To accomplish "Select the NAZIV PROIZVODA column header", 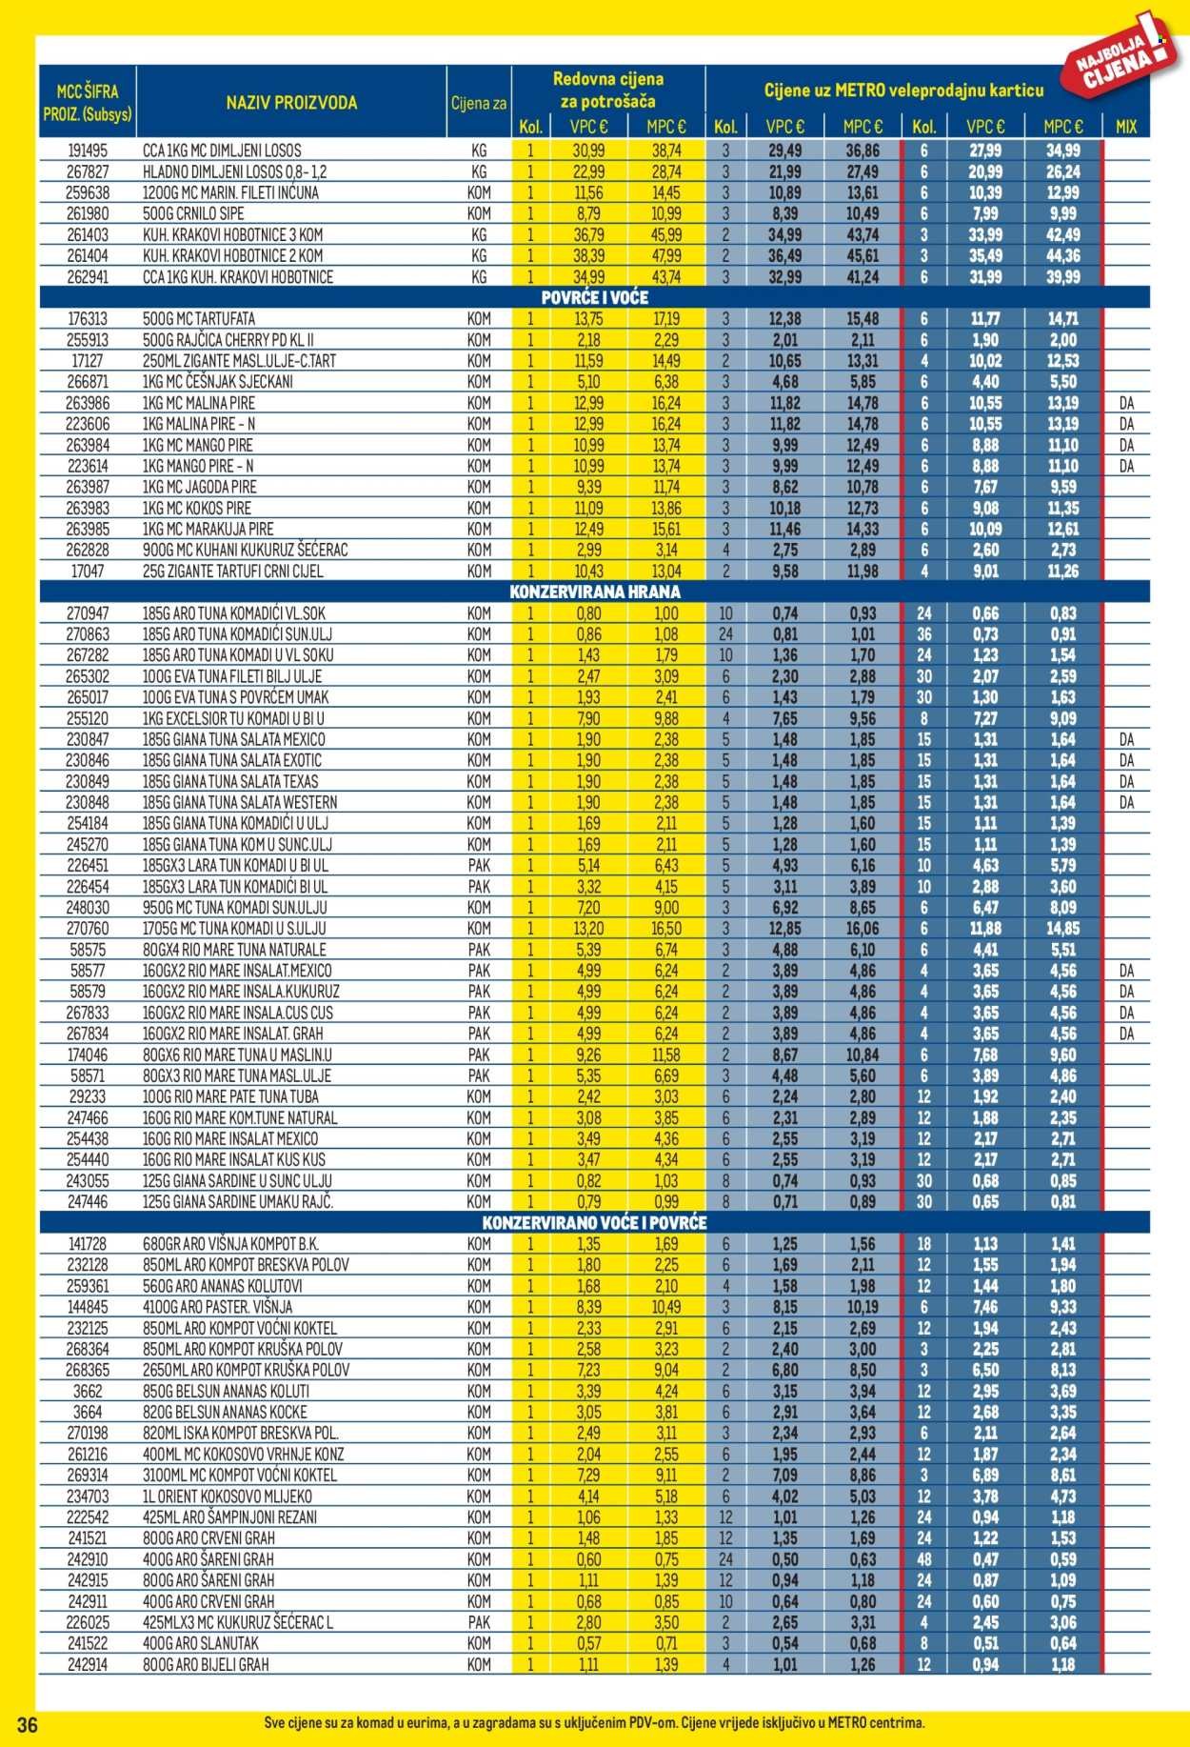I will coord(291,103).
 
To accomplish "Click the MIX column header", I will coord(1125,127).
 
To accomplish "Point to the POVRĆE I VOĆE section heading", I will coord(594,298).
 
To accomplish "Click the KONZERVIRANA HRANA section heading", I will coord(594,592).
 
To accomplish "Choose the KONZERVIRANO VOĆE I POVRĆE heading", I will coord(594,1223).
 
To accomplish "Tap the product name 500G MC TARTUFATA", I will coord(198,319).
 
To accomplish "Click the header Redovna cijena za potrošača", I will coord(607,90).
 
